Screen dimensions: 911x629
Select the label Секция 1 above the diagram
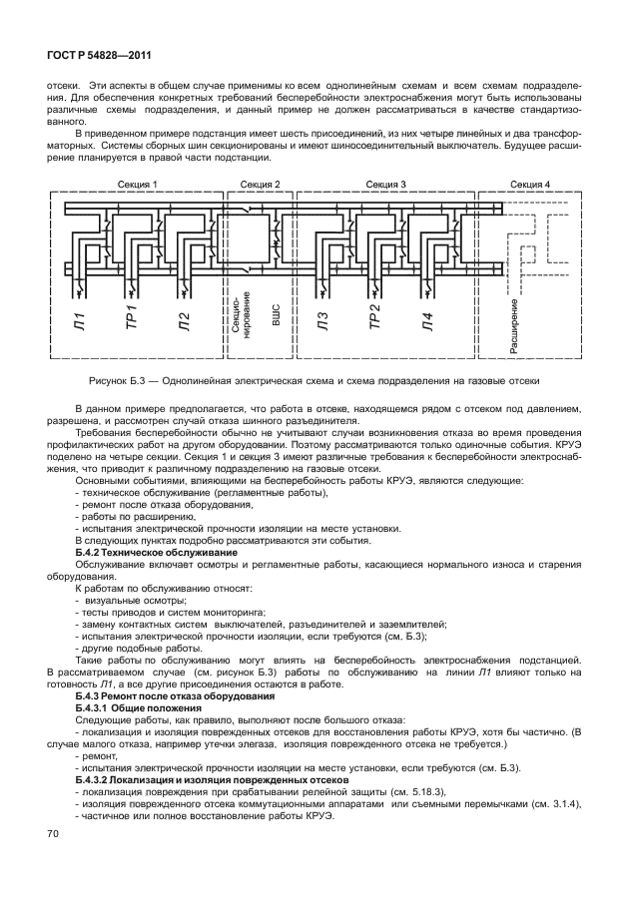pos(138,185)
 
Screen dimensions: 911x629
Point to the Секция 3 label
pos(385,185)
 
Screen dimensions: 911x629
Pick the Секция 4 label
pos(529,185)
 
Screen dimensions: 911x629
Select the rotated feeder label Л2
pos(184,320)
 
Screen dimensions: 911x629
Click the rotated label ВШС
pos(275,317)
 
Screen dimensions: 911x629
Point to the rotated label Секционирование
pos(239,320)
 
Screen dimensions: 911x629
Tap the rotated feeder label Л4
pos(426,320)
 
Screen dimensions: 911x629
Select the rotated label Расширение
pos(513,325)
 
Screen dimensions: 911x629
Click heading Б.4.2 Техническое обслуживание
pos(157,552)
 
